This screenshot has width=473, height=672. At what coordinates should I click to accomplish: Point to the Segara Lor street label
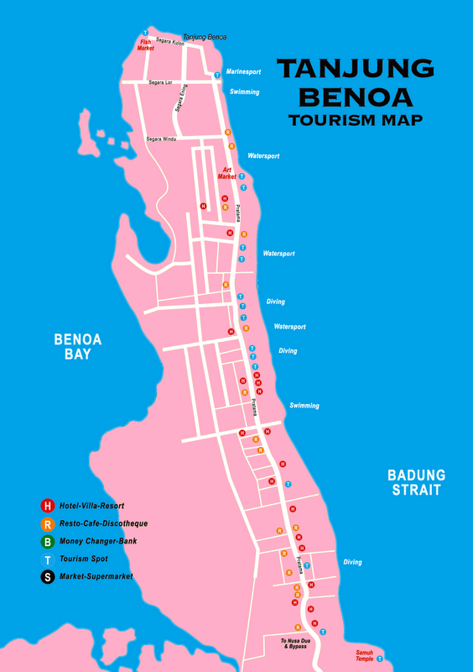(160, 82)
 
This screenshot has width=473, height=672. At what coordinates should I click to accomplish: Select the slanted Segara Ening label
(181, 99)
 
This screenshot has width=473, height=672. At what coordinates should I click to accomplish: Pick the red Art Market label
(227, 173)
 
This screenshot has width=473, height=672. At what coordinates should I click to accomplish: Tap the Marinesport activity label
(242, 72)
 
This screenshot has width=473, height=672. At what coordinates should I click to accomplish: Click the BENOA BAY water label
(77, 347)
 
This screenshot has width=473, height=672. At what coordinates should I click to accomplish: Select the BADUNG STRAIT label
(417, 482)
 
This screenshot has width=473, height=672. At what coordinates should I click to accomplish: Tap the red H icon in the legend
(48, 506)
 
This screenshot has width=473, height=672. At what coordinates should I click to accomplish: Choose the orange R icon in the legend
(48, 523)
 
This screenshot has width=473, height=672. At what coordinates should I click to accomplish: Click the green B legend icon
(48, 541)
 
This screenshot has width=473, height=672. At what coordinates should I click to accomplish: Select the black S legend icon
(48, 576)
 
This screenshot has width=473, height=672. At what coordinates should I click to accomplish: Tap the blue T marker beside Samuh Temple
(381, 659)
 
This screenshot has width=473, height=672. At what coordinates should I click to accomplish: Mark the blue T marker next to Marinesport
(217, 75)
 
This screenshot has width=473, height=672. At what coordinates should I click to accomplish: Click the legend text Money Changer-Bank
(97, 541)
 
